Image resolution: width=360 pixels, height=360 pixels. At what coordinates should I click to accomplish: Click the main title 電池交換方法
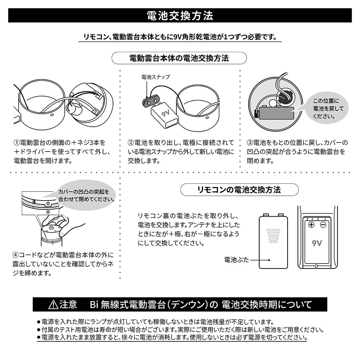click(180, 15)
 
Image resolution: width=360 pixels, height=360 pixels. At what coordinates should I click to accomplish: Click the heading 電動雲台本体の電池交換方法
click(179, 58)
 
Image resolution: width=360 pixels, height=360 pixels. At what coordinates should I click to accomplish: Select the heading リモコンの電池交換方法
click(239, 190)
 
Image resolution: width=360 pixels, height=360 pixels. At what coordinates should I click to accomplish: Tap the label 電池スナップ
click(156, 77)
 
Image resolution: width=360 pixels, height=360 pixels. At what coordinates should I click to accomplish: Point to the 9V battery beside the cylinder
click(165, 115)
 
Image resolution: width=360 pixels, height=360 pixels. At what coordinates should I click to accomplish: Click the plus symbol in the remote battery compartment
click(311, 225)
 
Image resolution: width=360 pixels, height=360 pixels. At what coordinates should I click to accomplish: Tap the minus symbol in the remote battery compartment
click(323, 225)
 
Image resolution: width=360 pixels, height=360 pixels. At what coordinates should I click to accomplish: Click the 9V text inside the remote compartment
click(317, 243)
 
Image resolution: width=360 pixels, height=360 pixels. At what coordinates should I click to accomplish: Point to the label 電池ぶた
click(237, 260)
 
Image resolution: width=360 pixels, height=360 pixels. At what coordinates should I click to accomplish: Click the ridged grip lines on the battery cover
click(273, 236)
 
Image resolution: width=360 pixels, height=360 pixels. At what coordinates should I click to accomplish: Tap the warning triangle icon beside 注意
click(53, 305)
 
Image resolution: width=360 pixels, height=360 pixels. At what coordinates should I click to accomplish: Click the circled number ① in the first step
click(17, 143)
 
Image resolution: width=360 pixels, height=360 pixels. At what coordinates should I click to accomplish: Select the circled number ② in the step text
click(131, 143)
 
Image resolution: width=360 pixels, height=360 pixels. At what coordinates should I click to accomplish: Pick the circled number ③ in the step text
click(250, 143)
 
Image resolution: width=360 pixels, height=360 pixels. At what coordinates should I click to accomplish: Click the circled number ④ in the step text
click(15, 255)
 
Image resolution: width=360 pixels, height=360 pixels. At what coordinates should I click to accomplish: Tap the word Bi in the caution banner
click(94, 305)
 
